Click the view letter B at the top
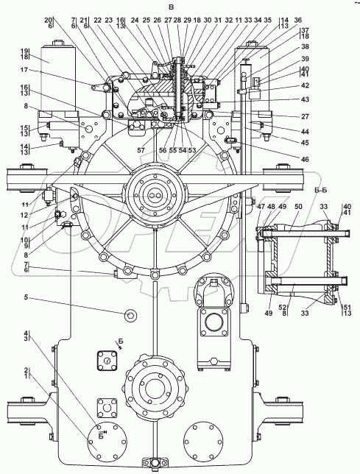coord(171,7)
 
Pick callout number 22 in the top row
coord(98,21)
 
